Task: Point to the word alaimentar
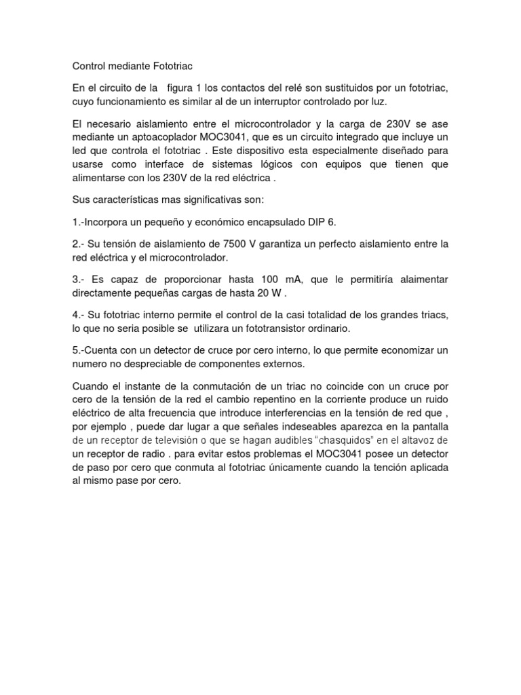point(418,280)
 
